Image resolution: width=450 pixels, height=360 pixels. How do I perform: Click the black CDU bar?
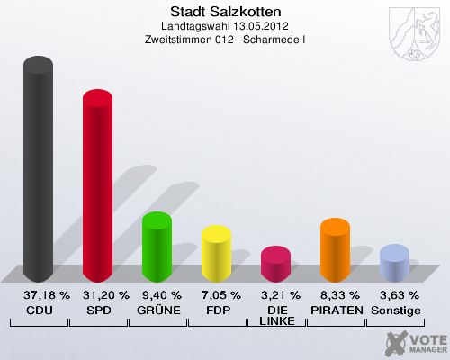click(x=38, y=171)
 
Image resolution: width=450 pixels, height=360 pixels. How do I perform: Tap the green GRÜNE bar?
click(x=157, y=247)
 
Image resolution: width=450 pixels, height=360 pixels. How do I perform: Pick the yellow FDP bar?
click(x=216, y=255)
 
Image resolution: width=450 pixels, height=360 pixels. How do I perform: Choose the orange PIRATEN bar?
click(x=335, y=251)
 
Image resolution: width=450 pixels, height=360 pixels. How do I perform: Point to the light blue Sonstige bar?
click(x=394, y=263)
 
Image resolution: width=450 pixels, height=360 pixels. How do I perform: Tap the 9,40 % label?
click(x=159, y=294)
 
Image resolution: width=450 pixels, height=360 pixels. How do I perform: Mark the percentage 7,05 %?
click(x=219, y=294)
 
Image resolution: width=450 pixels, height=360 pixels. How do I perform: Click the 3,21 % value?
click(x=278, y=294)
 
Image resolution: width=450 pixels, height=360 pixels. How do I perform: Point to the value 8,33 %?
click(x=337, y=294)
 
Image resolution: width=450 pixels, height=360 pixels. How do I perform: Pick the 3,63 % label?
click(x=397, y=294)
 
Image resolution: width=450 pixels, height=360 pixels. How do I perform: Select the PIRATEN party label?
click(x=337, y=309)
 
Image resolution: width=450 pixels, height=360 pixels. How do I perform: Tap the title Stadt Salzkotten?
click(x=225, y=12)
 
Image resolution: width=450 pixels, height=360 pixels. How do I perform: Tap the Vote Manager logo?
click(x=415, y=342)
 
